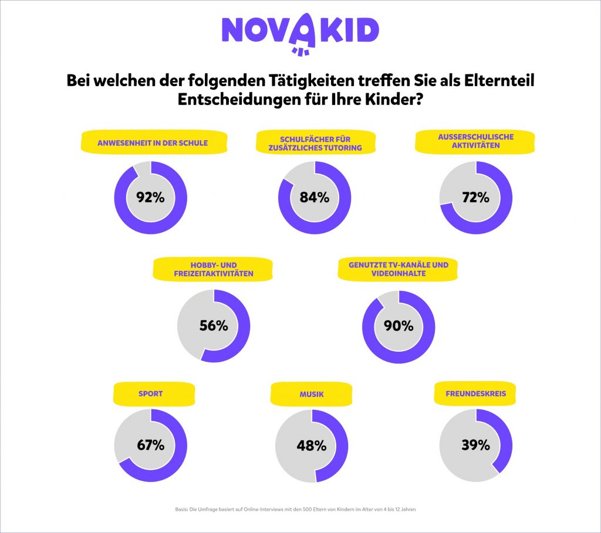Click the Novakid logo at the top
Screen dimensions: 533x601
(x=300, y=32)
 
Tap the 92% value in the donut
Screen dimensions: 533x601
(x=150, y=197)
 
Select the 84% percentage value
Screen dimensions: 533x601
(x=314, y=197)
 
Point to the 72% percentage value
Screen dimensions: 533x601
(x=475, y=197)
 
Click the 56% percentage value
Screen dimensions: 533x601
(x=214, y=325)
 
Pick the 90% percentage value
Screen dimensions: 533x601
(x=399, y=325)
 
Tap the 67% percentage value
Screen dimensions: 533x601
(x=150, y=445)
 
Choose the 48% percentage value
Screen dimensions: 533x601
(x=312, y=446)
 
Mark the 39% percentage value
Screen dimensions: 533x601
(x=475, y=445)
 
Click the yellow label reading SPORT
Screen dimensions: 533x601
(x=150, y=394)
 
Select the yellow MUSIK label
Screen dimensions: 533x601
(x=311, y=394)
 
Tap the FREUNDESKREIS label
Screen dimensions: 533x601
(x=475, y=394)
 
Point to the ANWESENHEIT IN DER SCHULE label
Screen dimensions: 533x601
(x=153, y=142)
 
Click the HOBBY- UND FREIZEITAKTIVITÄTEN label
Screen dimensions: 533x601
(x=213, y=270)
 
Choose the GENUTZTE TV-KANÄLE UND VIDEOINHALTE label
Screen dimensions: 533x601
(x=399, y=270)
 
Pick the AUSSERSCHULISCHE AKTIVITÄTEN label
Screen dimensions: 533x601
(x=476, y=141)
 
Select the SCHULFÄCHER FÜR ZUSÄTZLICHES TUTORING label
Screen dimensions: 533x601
(x=316, y=143)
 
